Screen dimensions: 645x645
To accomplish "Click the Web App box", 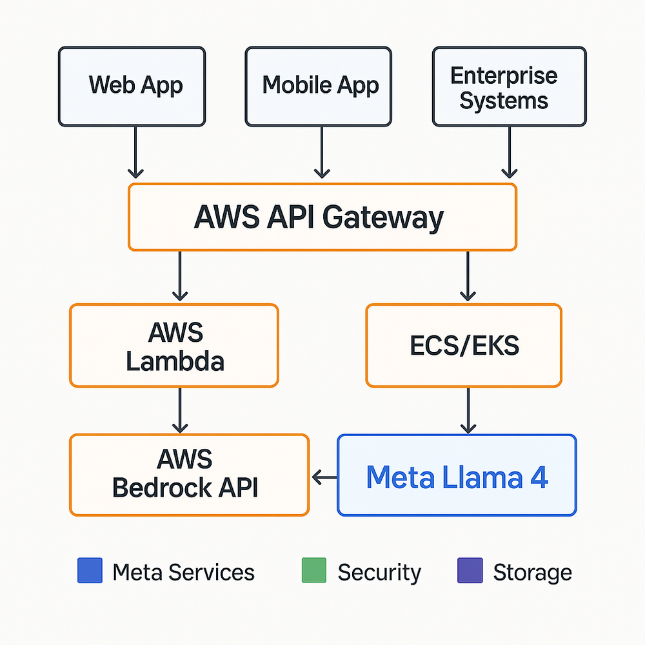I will [x=132, y=86].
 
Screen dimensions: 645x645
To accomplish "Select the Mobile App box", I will [x=318, y=86].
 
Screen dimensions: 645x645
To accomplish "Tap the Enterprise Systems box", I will [x=509, y=86].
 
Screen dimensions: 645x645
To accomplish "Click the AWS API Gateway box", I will [x=322, y=217].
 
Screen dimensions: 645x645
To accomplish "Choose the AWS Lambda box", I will [x=174, y=346].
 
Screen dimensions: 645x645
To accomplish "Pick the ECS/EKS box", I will [x=464, y=346].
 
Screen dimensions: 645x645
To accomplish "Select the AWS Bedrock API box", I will [x=189, y=475].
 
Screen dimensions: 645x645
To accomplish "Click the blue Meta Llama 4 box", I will [x=457, y=475].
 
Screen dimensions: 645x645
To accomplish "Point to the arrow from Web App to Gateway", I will [x=135, y=152].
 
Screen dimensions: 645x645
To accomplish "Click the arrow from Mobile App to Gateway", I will [x=321, y=152].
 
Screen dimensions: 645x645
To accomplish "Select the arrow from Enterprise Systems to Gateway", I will [x=510, y=152].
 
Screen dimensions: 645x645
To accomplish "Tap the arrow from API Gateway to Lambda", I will [x=180, y=276].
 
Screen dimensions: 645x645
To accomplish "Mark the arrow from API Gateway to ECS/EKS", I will [x=468, y=276].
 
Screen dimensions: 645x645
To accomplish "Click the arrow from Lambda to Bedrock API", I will [x=180, y=410].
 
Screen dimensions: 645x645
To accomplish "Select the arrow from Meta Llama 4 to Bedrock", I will [x=324, y=477].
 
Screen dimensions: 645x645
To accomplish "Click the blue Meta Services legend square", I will [x=90, y=571].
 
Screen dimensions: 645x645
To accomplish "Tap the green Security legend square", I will [x=314, y=571].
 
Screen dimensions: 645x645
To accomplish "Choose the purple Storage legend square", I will [x=470, y=571].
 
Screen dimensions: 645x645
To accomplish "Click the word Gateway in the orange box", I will [x=383, y=218].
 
